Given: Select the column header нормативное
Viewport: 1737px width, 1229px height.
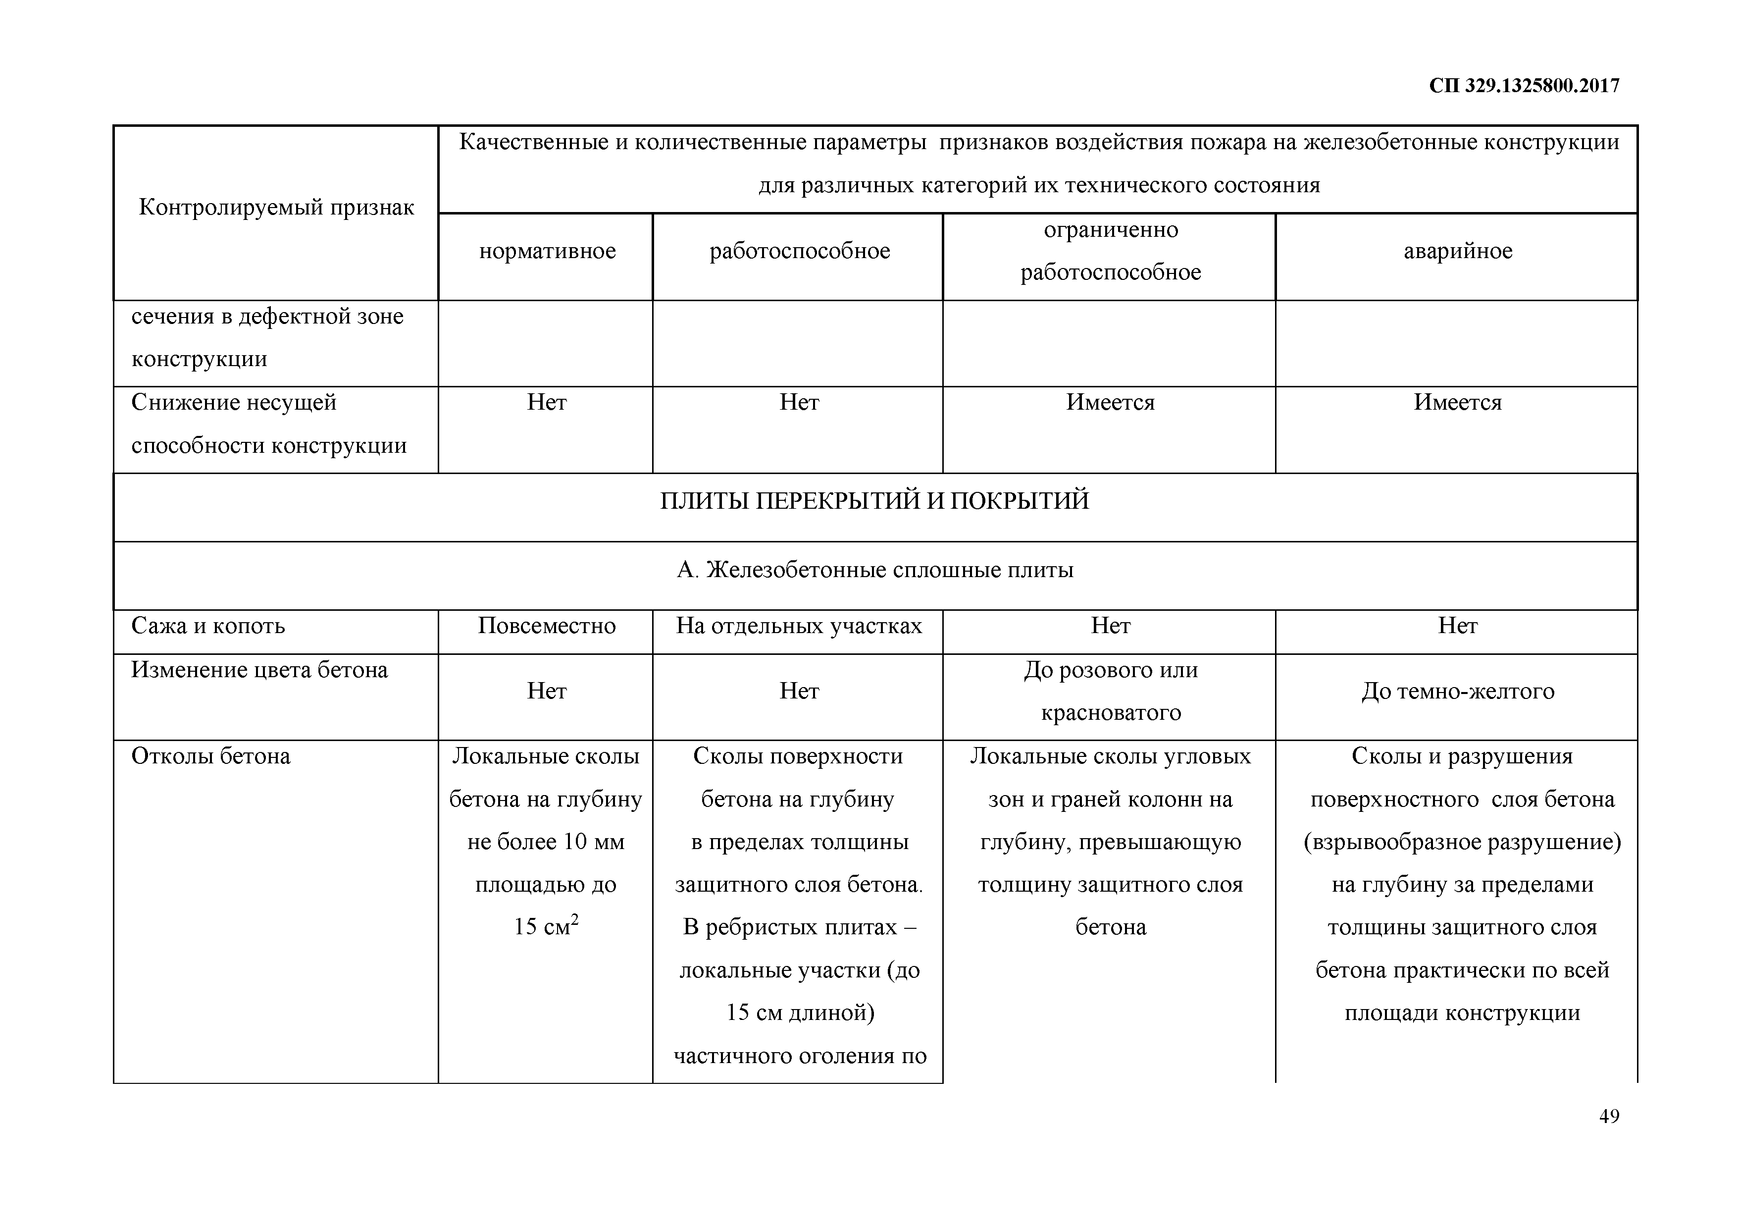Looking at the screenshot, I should [x=547, y=251].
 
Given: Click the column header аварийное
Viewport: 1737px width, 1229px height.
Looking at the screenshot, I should [x=1457, y=251].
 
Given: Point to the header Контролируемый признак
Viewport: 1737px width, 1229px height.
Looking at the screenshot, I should [x=276, y=208].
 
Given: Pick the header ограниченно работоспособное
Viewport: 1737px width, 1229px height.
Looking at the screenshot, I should [x=1110, y=251].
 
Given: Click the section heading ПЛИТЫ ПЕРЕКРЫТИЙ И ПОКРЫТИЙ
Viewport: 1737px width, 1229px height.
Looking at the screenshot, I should [x=874, y=501].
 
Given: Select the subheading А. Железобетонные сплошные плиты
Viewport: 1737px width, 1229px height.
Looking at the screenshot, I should [x=874, y=570].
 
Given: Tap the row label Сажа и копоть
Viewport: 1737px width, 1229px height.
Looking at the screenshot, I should [x=208, y=626].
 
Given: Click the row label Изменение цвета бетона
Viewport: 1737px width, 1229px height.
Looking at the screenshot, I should [x=259, y=670].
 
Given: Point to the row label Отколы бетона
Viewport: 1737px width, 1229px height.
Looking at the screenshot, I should [x=211, y=756].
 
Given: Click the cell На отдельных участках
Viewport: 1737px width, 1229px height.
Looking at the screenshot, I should [x=799, y=626].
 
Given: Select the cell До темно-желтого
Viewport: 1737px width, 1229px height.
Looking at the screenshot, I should [x=1457, y=691].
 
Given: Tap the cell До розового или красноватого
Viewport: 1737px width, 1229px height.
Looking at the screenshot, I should [x=1110, y=691].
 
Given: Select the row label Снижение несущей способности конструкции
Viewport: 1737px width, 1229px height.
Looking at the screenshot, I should [x=268, y=424].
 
